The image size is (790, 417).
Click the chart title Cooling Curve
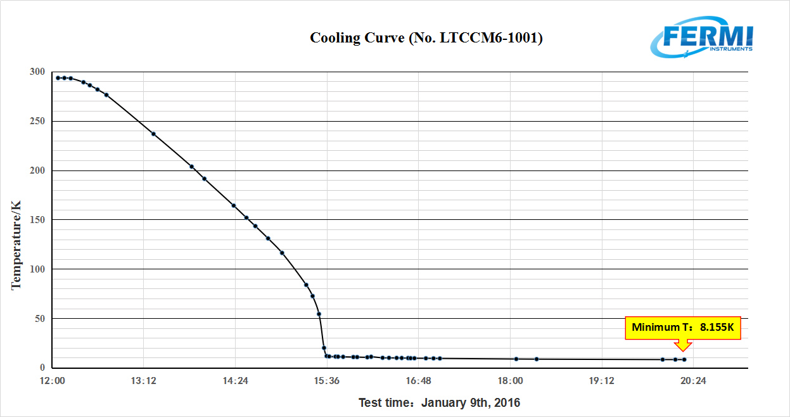click(x=426, y=38)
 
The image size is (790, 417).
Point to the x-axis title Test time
click(x=439, y=402)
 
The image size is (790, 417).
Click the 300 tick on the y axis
click(x=37, y=72)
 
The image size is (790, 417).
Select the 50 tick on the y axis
click(x=39, y=318)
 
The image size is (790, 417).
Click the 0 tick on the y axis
click(x=42, y=368)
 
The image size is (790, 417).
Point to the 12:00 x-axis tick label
click(x=52, y=381)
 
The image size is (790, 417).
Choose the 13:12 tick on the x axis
click(x=144, y=381)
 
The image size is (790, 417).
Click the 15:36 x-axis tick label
click(x=327, y=381)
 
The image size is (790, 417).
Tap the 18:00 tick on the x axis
click(x=510, y=381)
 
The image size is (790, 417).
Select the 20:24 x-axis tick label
click(x=693, y=381)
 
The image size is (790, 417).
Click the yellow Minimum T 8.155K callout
click(x=683, y=328)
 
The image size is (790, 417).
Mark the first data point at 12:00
click(x=58, y=78)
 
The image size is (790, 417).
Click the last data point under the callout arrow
click(x=684, y=359)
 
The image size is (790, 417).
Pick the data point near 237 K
click(x=153, y=134)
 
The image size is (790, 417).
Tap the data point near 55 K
click(x=319, y=314)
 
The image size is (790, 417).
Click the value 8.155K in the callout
click(x=717, y=328)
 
